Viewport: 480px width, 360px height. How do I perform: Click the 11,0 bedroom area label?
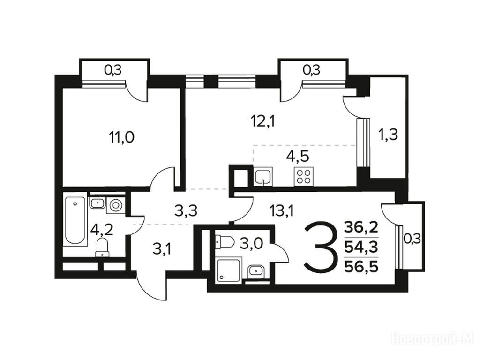pos(121,137)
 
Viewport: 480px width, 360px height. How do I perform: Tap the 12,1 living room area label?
pos(262,122)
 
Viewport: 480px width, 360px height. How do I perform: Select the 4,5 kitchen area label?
pos(298,156)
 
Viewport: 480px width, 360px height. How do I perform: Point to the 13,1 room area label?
pos(281,210)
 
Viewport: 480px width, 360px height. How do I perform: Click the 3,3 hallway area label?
pos(186,210)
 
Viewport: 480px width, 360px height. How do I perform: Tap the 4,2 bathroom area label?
pos(102,230)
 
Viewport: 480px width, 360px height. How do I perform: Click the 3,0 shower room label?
pos(251,245)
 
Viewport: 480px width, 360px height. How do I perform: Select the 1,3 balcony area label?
pos(389,135)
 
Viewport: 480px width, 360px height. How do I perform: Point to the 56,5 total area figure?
pos(361,267)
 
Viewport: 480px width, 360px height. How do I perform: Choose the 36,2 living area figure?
pos(361,227)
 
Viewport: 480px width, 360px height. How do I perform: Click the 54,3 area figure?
pos(361,247)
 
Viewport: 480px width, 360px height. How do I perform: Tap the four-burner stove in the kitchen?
pos(303,176)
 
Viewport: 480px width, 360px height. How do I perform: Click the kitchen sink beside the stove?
pos(263,176)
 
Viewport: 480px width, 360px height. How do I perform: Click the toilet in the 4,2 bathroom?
pos(102,247)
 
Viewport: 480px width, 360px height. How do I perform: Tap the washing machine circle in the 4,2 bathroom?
pos(116,205)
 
